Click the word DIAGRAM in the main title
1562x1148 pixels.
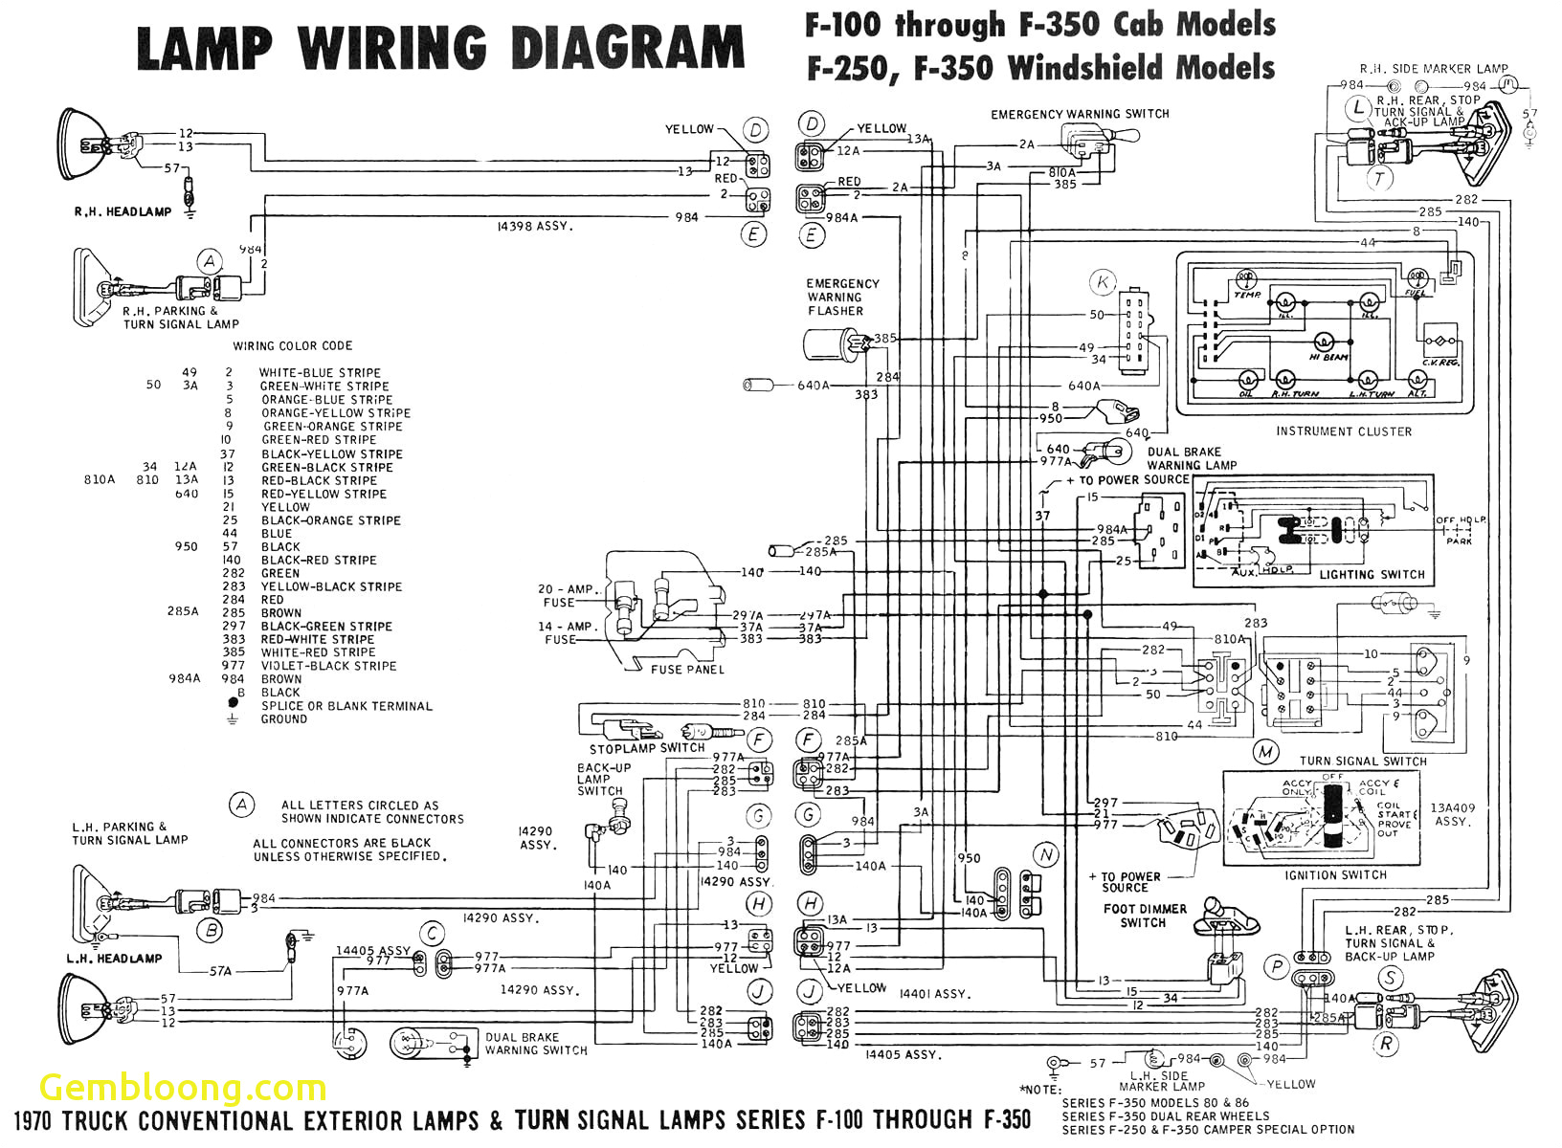(627, 48)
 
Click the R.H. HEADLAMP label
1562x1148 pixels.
(123, 211)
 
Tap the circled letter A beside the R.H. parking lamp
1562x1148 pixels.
(210, 261)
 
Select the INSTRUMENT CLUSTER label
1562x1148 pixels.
(1343, 431)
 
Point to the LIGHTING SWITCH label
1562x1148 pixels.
(1372, 575)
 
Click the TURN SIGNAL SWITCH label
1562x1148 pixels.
(1362, 762)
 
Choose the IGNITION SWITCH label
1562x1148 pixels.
(1335, 875)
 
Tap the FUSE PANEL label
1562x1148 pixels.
(687, 670)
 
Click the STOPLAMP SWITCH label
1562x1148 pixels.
(646, 749)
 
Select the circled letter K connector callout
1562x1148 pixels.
(1103, 282)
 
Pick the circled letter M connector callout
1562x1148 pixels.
(1266, 752)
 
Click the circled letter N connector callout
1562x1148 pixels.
(1045, 855)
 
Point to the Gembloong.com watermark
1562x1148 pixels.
(183, 1088)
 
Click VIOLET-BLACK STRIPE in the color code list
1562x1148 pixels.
(328, 666)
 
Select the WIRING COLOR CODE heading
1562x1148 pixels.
(292, 346)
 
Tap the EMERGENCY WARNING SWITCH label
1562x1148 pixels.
(1080, 114)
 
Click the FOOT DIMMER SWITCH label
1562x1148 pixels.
(1144, 916)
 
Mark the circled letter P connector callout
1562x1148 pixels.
(1277, 967)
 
